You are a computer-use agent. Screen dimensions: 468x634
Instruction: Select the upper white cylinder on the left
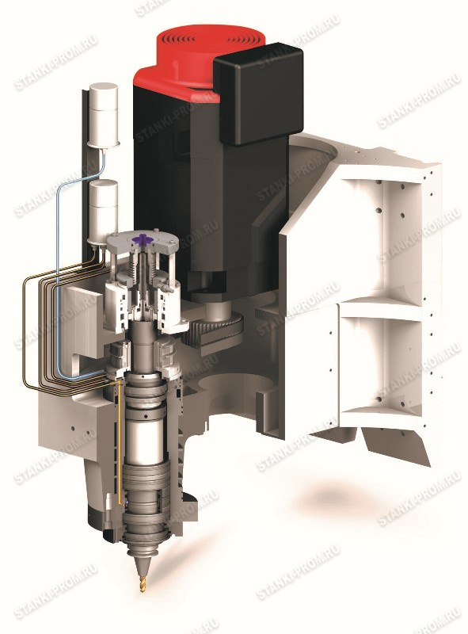click(x=104, y=114)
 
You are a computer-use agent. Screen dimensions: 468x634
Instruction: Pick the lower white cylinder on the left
click(x=103, y=210)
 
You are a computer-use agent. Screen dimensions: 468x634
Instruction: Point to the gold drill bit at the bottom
click(x=143, y=579)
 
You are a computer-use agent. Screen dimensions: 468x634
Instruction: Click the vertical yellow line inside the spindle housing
click(x=120, y=445)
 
